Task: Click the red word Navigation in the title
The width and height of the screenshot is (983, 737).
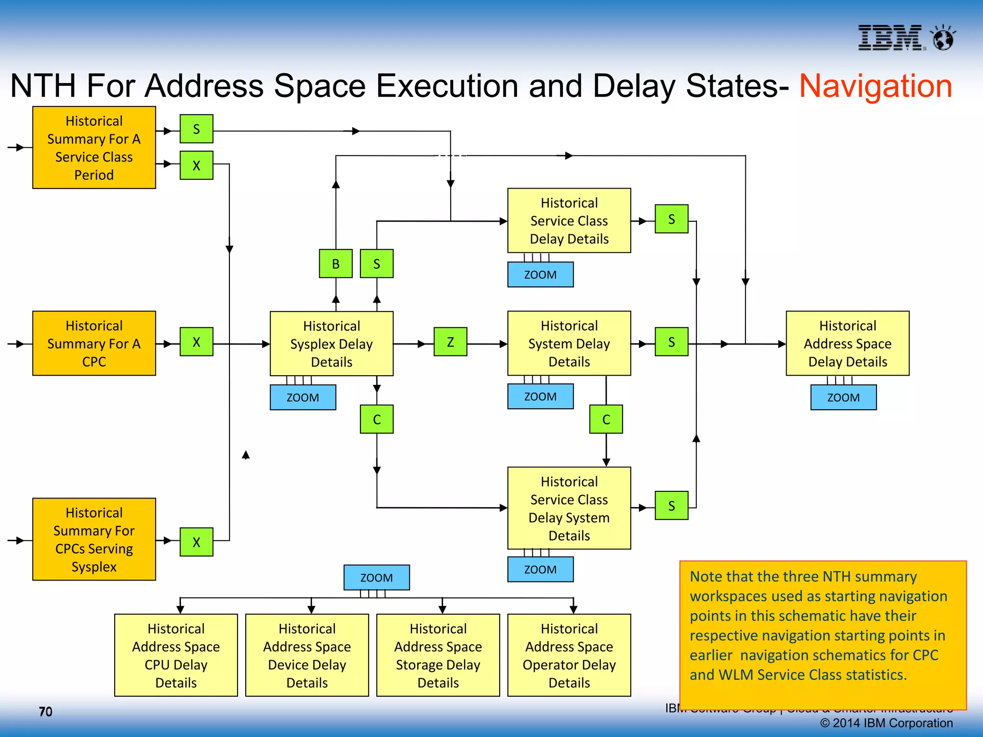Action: point(875,86)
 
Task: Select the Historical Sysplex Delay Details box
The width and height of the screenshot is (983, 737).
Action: point(331,344)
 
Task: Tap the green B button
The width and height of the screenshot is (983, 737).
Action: point(336,263)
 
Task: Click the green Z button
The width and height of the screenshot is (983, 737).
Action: point(450,342)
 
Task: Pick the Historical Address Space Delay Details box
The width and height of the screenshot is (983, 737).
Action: point(847,344)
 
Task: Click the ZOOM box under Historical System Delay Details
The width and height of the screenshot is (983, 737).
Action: point(540,397)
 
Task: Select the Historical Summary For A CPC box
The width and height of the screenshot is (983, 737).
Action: point(94,344)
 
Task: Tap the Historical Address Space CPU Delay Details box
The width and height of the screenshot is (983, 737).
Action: point(176,655)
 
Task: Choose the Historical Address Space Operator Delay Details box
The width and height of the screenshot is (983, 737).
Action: point(569,655)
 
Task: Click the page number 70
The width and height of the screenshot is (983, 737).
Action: point(46,712)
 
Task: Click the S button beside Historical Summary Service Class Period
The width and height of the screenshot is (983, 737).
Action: point(196,129)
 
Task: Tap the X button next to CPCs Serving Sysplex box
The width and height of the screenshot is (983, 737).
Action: point(196,542)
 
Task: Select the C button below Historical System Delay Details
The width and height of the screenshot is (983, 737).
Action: point(606,419)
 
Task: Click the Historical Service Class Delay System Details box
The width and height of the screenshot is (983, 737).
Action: point(569,508)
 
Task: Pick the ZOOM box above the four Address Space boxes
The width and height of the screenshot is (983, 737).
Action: point(376,578)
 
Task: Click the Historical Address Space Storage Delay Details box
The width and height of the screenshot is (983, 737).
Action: point(438,655)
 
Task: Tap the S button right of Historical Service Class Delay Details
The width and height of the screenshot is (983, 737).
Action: point(671,219)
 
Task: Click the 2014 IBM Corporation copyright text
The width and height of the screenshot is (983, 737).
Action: point(886,723)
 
